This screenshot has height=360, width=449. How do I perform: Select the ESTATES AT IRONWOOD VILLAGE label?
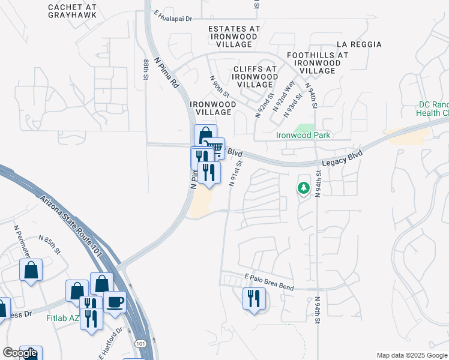point(234,36)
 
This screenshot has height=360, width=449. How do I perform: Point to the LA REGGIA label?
point(359,44)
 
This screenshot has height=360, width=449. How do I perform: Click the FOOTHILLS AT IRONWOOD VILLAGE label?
point(318,62)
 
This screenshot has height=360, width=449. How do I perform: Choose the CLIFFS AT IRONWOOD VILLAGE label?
point(255,77)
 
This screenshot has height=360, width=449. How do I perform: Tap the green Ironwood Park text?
point(303,135)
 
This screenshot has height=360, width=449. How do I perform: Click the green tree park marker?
point(304,188)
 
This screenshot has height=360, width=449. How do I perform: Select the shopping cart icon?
point(215,148)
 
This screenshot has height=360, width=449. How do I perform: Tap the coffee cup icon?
point(115,301)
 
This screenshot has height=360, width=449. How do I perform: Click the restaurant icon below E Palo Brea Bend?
point(253,298)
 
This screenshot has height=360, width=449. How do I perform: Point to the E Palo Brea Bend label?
point(269,281)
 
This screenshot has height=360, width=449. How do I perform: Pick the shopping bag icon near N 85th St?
point(31,270)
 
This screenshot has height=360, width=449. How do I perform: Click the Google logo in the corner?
point(20,353)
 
